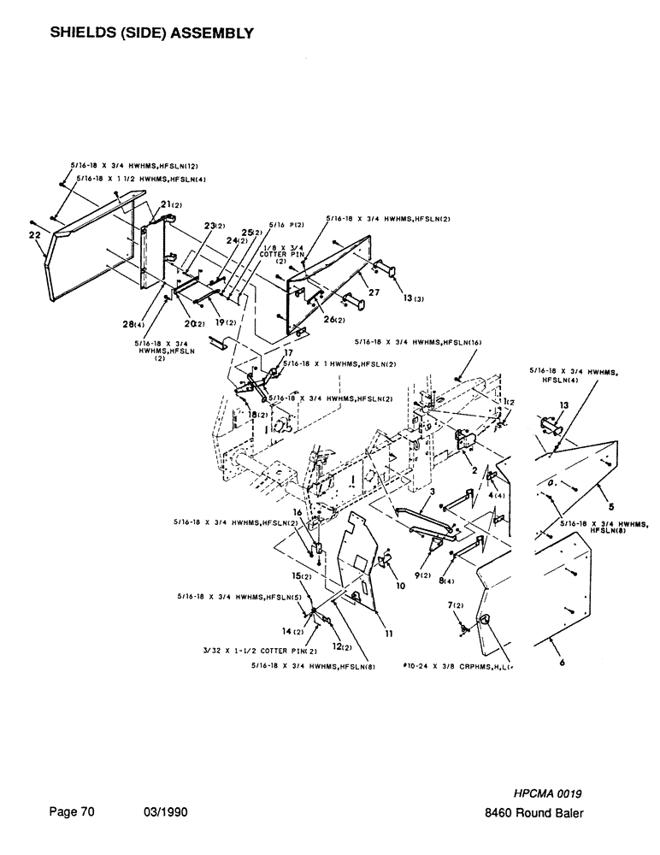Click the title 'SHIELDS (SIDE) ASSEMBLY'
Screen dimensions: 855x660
[152, 33]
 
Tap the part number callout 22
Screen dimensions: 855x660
[35, 233]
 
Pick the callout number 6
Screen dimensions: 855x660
[562, 670]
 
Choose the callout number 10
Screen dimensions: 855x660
[399, 587]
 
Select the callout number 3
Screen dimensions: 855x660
[433, 493]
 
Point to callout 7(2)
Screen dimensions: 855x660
[455, 605]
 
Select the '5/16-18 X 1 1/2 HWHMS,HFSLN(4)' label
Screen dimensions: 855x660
[143, 179]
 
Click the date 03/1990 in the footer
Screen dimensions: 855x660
[163, 813]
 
